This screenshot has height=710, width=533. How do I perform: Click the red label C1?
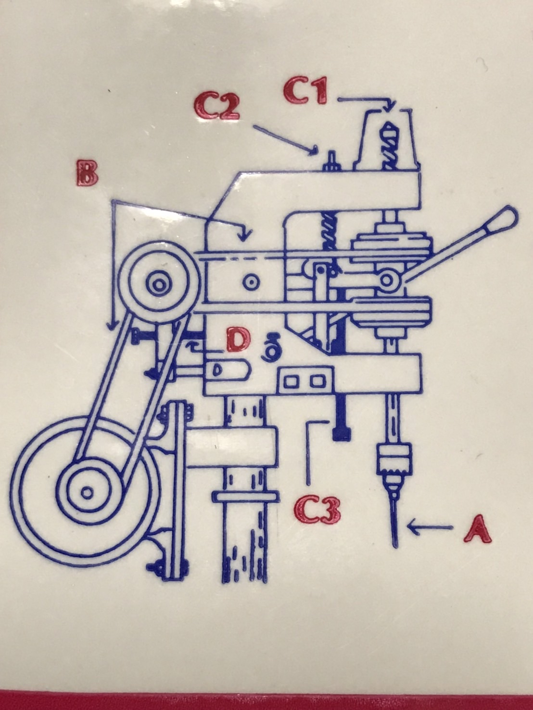pyautogui.click(x=305, y=91)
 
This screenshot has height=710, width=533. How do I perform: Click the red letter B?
pyautogui.click(x=87, y=173)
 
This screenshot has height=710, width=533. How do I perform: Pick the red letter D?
pyautogui.click(x=239, y=340)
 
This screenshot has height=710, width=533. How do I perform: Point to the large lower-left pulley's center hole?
pyautogui.click(x=87, y=492)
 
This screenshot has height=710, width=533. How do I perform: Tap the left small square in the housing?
pyautogui.click(x=291, y=381)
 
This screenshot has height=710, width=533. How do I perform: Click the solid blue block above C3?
pyautogui.click(x=341, y=433)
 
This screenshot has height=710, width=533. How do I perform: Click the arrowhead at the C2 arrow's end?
pyautogui.click(x=315, y=152)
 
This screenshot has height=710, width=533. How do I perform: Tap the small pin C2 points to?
pyautogui.click(x=331, y=159)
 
